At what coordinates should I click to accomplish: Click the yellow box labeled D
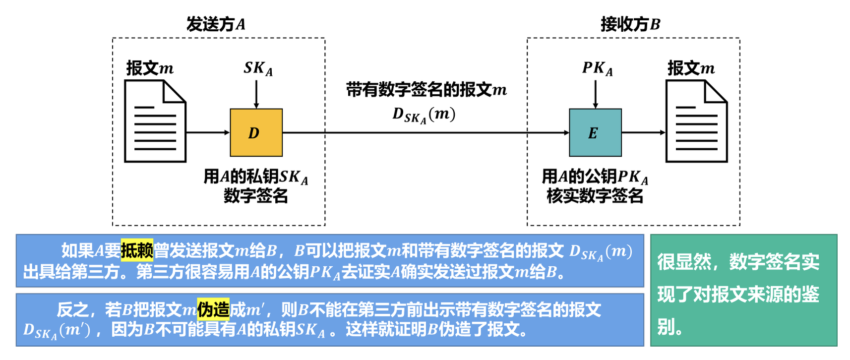click(256, 132)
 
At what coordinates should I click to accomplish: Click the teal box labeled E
click(595, 132)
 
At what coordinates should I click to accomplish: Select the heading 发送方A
click(216, 24)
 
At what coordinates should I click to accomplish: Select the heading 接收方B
click(630, 24)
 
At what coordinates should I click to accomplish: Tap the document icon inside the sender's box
click(155, 121)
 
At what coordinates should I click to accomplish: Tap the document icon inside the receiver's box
click(696, 121)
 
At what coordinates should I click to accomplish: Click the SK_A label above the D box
click(258, 68)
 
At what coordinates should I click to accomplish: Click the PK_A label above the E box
click(597, 68)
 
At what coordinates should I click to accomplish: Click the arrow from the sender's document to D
click(208, 132)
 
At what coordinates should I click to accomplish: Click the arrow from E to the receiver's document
click(643, 132)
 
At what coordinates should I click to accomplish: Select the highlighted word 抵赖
click(137, 250)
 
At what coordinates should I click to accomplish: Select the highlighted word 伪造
click(213, 309)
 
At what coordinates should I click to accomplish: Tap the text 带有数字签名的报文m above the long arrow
click(426, 90)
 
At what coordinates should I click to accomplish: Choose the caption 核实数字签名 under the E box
click(595, 196)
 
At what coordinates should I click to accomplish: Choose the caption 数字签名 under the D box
click(255, 196)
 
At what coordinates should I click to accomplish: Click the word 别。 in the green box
click(670, 326)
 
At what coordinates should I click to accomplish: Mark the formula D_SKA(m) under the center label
click(424, 115)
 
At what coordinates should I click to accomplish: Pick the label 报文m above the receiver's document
click(691, 68)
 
